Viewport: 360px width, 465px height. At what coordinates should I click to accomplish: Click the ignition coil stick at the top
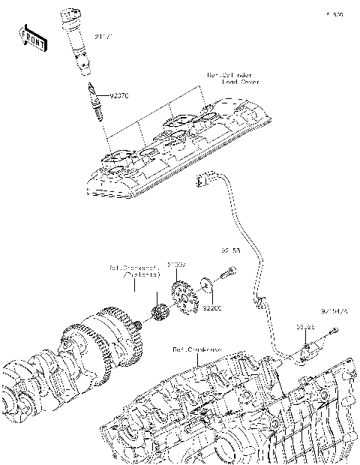click(77, 42)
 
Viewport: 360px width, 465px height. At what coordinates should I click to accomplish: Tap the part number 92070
click(119, 96)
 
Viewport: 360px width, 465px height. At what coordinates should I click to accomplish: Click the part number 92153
click(230, 250)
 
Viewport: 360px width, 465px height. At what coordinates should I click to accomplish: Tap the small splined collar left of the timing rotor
click(158, 311)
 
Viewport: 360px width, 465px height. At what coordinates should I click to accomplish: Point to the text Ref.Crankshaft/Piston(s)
click(136, 271)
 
